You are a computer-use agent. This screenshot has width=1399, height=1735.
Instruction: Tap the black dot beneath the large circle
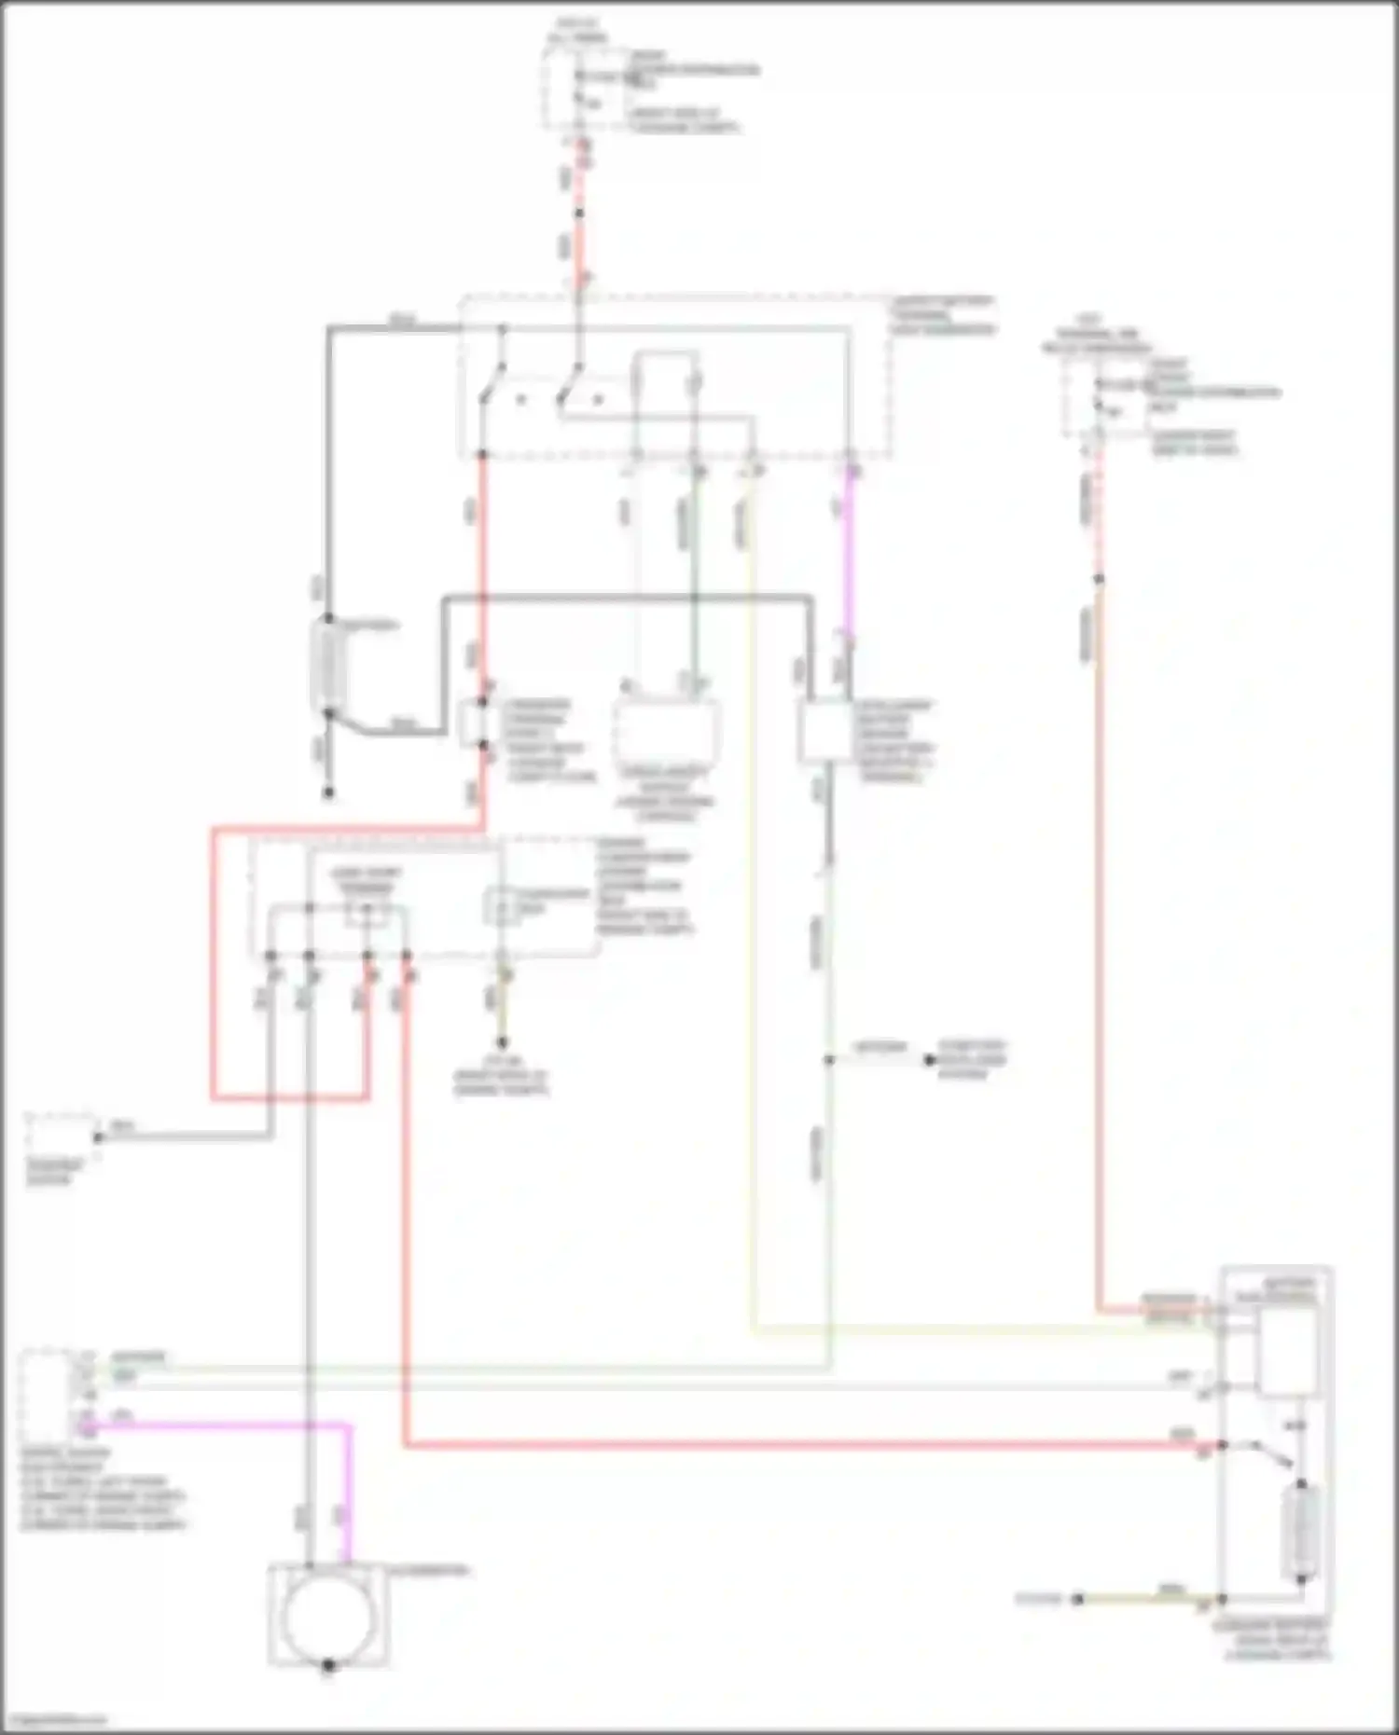(327, 1665)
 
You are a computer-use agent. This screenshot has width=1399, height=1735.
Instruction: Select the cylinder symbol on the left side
(327, 665)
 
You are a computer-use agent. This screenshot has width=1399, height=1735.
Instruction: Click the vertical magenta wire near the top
(850, 559)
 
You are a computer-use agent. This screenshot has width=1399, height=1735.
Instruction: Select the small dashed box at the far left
(60, 1136)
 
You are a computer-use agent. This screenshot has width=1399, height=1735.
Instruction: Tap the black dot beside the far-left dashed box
(97, 1137)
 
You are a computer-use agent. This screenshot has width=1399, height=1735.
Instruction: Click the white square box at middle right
(824, 731)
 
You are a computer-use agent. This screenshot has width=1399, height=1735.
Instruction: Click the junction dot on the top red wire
(579, 213)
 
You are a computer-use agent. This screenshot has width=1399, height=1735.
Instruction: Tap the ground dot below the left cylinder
(327, 794)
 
